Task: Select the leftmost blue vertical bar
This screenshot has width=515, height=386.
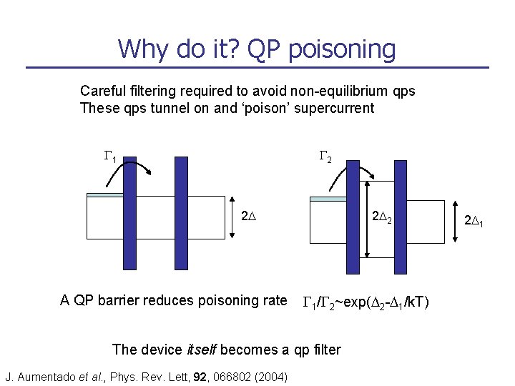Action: (129, 213)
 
